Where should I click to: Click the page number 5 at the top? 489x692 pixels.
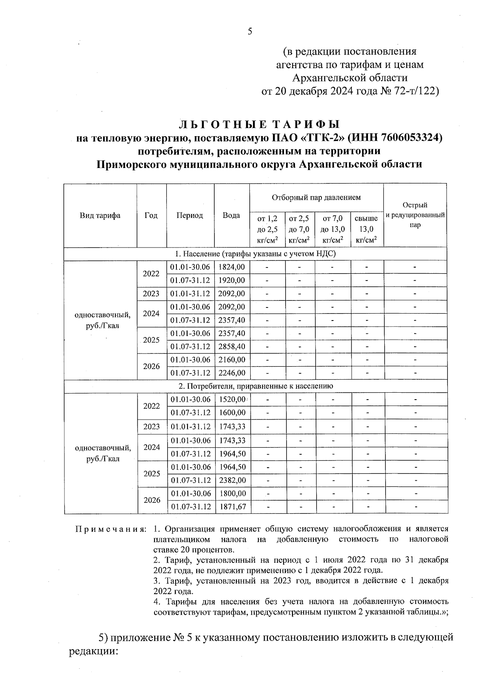coord(250,32)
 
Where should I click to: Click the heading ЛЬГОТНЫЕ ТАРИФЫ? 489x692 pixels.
coord(260,124)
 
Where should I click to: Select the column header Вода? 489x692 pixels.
coord(231,216)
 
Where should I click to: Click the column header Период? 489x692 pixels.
coord(189,216)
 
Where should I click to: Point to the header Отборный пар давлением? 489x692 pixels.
coord(316,198)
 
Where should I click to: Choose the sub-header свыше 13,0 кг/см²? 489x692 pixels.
coord(366,229)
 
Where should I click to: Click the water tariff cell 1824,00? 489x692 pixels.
coord(231,267)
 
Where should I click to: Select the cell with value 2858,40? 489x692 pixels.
coord(231,347)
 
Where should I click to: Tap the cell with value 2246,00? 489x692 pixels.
coord(231,373)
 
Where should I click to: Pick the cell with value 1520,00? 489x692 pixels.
coord(231,400)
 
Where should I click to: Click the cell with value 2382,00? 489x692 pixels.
coord(232,480)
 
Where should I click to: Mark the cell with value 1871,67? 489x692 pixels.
coord(232,507)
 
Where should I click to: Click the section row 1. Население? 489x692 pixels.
coord(255,254)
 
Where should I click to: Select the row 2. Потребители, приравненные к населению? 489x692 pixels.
coord(255,386)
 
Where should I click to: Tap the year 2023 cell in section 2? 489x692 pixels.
coord(152,427)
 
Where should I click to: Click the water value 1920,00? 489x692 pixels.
coord(231,281)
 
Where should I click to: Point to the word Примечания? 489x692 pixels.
coord(110,529)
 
